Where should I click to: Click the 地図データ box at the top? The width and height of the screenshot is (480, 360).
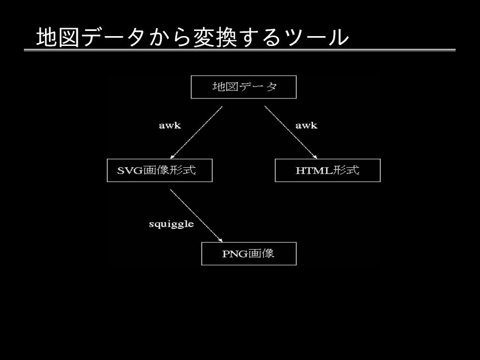(243, 87)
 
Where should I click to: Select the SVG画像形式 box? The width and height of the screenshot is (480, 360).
(159, 170)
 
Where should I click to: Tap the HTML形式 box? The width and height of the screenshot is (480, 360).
(327, 170)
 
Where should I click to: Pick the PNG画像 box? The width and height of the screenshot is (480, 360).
(248, 254)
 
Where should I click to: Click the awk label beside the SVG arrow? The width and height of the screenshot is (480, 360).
(170, 126)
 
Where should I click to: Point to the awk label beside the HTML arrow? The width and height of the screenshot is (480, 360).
(306, 126)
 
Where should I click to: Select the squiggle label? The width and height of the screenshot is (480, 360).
(171, 224)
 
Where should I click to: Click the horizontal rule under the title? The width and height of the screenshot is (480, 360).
(240, 50)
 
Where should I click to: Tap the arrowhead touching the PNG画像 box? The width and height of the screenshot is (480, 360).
(220, 240)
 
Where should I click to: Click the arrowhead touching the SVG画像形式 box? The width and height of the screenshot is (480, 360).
(172, 157)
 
